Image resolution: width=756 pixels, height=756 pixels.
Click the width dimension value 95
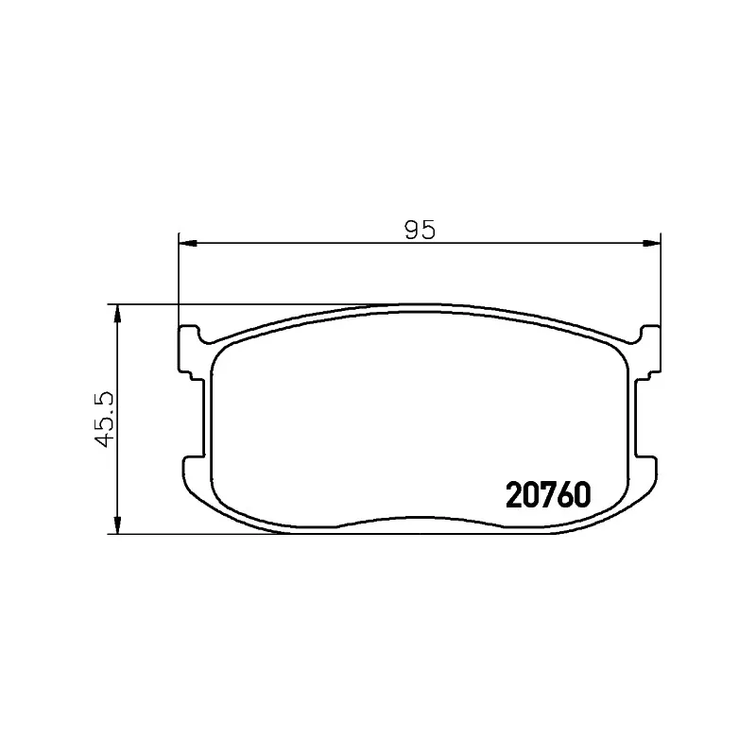pyautogui.click(x=420, y=230)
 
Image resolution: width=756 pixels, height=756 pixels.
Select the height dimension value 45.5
pyautogui.click(x=104, y=419)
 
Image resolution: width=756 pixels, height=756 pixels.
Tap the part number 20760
pyautogui.click(x=548, y=494)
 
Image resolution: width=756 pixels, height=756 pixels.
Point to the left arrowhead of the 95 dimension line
pyautogui.click(x=188, y=243)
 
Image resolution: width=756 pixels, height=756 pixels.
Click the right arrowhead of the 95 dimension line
pyautogui.click(x=651, y=243)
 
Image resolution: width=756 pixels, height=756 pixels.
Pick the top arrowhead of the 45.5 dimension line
pyautogui.click(x=116, y=314)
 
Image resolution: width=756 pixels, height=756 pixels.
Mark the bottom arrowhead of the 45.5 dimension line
pyautogui.click(x=116, y=524)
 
